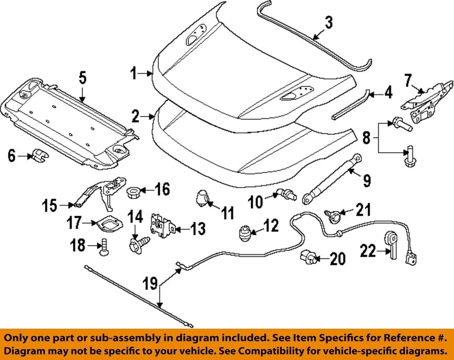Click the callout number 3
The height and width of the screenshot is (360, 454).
(x=328, y=22)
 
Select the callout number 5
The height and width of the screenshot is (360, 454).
(x=82, y=77)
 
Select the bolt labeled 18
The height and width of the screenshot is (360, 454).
(x=105, y=247)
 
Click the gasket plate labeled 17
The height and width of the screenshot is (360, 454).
(x=108, y=222)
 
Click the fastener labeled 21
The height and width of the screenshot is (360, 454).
(x=331, y=215)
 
